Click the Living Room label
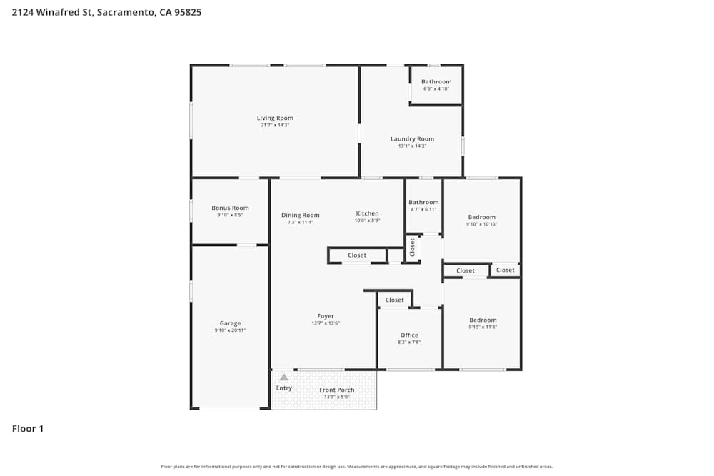point(275,118)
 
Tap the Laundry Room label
point(412,138)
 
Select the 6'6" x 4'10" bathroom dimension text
point(436,89)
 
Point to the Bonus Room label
point(230,208)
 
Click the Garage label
point(230,323)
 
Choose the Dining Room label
point(300,215)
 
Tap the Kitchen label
point(368,213)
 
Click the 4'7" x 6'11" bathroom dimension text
point(423,209)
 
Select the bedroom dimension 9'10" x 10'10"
point(481,224)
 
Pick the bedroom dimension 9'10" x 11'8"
point(483,328)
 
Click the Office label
point(409,335)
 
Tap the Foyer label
point(326,316)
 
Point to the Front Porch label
point(337,390)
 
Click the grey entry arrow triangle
point(283,377)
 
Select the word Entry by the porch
point(284,388)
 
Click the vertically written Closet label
point(412,247)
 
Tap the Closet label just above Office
point(395,300)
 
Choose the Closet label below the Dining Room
point(357,255)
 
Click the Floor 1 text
point(28,429)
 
